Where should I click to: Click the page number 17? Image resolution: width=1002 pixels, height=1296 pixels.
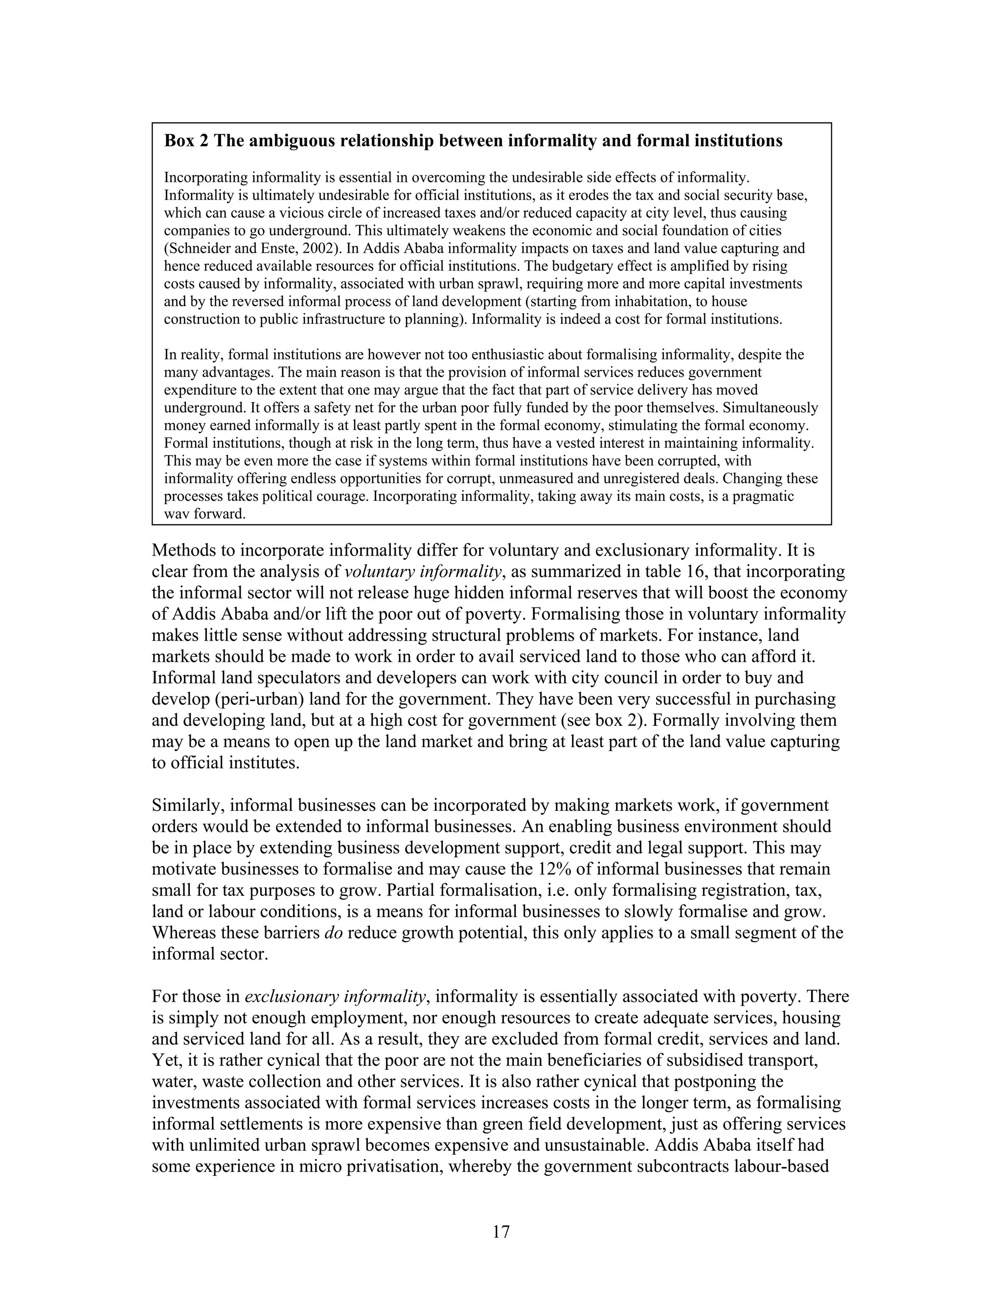pyautogui.click(x=501, y=1232)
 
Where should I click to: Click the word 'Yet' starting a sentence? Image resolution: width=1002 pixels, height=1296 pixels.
pyautogui.click(x=164, y=1060)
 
